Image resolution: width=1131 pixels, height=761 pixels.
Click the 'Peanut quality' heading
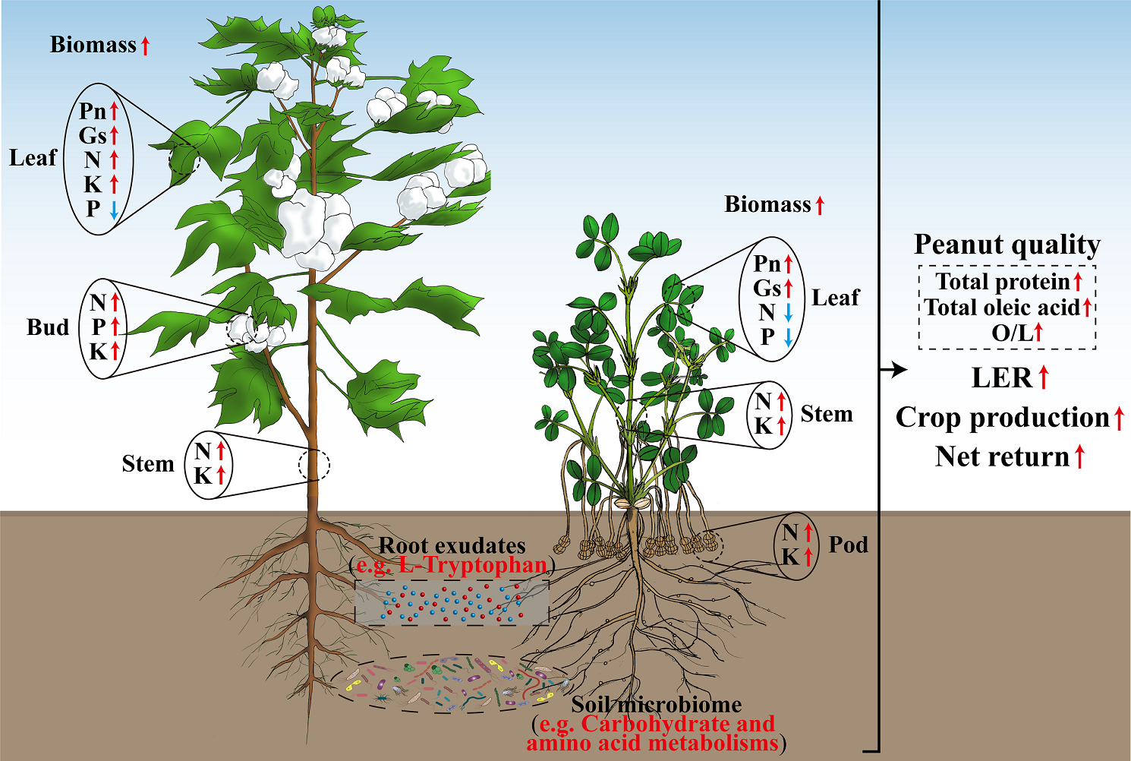[1007, 245]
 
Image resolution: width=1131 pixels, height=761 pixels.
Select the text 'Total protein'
[1002, 282]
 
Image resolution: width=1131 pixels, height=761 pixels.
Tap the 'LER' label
[1002, 377]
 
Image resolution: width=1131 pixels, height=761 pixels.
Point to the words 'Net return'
[1002, 456]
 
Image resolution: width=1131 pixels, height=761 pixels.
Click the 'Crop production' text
[1002, 418]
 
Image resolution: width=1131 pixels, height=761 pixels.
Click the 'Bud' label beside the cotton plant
[48, 327]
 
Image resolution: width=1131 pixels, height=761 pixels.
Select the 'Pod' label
[848, 545]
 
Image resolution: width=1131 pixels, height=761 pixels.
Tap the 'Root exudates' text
[452, 545]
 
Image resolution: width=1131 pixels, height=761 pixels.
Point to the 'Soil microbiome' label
[656, 705]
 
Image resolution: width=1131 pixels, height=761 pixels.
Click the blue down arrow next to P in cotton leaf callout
[114, 209]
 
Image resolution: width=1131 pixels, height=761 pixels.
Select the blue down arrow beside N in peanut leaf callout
[789, 312]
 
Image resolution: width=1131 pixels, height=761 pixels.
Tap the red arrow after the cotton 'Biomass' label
[145, 46]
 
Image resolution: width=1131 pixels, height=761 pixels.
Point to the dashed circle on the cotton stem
[314, 464]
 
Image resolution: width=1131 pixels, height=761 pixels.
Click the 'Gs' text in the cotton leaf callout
[93, 136]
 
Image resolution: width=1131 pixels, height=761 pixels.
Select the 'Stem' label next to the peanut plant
[826, 414]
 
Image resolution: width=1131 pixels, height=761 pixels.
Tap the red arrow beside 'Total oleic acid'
[1087, 308]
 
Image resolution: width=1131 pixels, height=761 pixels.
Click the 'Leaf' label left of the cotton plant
[33, 158]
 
